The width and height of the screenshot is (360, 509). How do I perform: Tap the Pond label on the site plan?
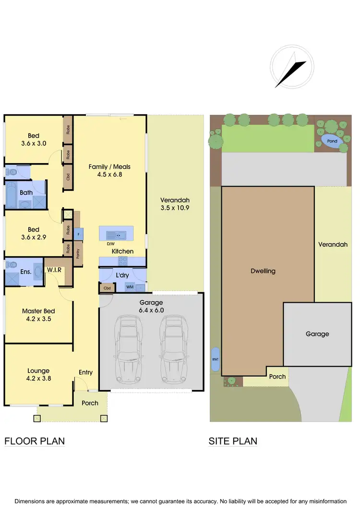[332, 141]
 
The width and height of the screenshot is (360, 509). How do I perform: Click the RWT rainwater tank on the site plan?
[215, 359]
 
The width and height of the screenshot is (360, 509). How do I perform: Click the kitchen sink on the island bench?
[116, 235]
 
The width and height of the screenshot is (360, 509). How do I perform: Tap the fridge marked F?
[79, 234]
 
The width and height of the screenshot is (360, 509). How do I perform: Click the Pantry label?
[78, 253]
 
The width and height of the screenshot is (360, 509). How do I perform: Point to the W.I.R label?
[54, 271]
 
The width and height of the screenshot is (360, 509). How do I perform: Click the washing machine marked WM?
[129, 287]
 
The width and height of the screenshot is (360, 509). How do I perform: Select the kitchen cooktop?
[122, 261]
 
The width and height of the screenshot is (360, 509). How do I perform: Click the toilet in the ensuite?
[11, 264]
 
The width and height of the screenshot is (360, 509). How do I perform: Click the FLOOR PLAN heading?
[35, 441]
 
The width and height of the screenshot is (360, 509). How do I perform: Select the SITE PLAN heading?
[233, 441]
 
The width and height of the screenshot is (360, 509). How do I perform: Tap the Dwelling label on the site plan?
[264, 271]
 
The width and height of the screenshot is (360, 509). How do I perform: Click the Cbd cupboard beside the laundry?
[107, 288]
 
